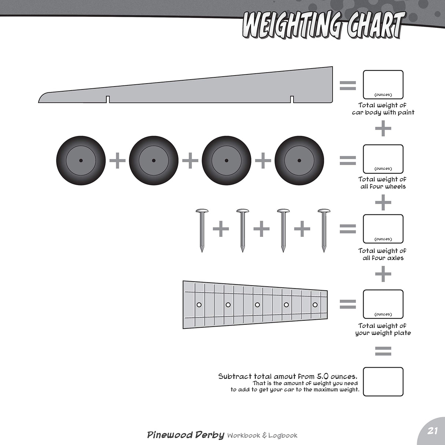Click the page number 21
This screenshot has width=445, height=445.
click(432, 431)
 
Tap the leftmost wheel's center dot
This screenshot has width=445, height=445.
click(81, 161)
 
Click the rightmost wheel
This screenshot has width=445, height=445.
click(299, 161)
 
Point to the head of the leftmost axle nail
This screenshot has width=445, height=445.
click(202, 211)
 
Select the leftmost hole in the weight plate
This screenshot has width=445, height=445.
click(199, 305)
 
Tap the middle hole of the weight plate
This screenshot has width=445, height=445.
click(257, 305)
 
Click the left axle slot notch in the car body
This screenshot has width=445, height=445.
click(108, 99)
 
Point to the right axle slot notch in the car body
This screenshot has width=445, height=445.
click(292, 99)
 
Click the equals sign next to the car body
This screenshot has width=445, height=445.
click(348, 85)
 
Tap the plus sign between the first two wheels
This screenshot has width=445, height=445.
click(117, 160)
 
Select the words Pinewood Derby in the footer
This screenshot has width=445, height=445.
click(186, 435)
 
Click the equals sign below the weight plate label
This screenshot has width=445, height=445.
click(383, 351)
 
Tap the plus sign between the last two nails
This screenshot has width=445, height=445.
click(302, 229)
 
